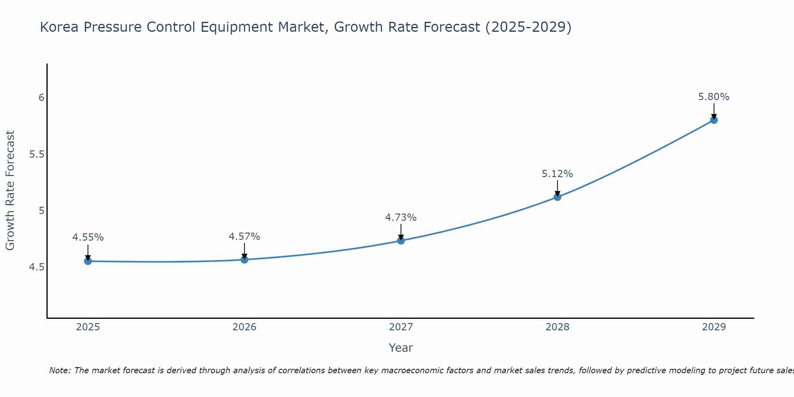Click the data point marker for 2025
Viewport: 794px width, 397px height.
(88, 261)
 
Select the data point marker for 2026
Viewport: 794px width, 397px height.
(245, 260)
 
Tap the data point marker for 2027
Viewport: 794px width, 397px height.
(401, 241)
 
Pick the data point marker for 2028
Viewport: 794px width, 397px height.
(557, 197)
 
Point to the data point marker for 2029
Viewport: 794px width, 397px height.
(714, 120)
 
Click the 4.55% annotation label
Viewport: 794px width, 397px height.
(88, 237)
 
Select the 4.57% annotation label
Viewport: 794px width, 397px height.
(245, 237)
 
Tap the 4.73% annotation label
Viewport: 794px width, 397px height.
(401, 218)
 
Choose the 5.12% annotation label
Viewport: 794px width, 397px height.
(557, 174)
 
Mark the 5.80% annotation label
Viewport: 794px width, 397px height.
(714, 97)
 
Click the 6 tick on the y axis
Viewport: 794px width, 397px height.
(41, 98)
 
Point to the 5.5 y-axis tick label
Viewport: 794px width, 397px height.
(37, 154)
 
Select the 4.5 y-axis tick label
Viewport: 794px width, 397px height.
(37, 267)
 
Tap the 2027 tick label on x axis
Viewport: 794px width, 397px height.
(401, 327)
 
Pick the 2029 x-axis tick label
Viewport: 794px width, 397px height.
(714, 327)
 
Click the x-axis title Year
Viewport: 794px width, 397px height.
(401, 348)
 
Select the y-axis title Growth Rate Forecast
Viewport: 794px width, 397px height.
(10, 191)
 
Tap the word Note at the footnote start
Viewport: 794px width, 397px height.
(60, 370)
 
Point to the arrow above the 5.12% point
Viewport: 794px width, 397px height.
(557, 188)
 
